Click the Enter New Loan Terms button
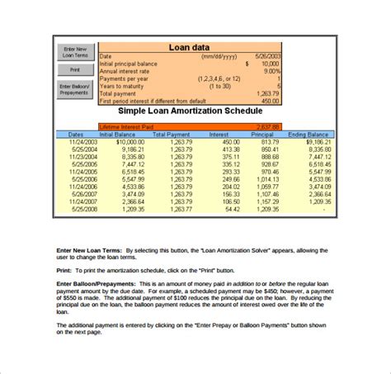pyautogui.click(x=73, y=52)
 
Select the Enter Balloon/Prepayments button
pyautogui.click(x=73, y=88)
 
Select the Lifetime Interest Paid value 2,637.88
pyautogui.click(x=266, y=126)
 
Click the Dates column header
pyautogui.click(x=75, y=134)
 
